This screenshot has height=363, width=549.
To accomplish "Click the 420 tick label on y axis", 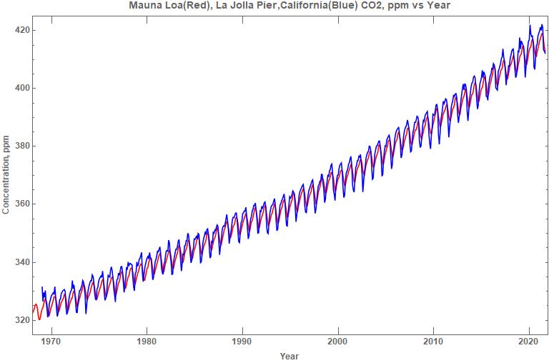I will pyautogui.click(x=21, y=30).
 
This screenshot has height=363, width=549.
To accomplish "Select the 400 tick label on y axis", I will pyautogui.click(x=21, y=88).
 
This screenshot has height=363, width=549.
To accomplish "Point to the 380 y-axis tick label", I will pyautogui.click(x=21, y=146).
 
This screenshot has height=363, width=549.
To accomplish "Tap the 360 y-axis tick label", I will pyautogui.click(x=21, y=204).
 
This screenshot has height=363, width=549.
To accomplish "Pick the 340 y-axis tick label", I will pyautogui.click(x=21, y=262).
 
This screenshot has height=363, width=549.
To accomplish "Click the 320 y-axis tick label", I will pyautogui.click(x=21, y=320).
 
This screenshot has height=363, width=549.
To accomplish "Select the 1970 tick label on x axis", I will pyautogui.click(x=51, y=342).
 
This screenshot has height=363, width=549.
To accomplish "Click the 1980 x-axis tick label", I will pyautogui.click(x=147, y=342).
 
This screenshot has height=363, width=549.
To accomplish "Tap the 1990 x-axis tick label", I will pyautogui.click(x=242, y=342).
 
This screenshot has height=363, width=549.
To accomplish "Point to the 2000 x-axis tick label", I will pyautogui.click(x=337, y=342).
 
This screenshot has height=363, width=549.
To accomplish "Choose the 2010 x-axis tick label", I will pyautogui.click(x=433, y=342).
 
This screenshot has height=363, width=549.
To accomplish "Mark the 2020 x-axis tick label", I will pyautogui.click(x=528, y=342).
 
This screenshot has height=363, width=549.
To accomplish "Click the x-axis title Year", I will pyautogui.click(x=289, y=356).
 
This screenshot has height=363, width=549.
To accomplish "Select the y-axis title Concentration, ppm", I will pyautogui.click(x=6, y=174).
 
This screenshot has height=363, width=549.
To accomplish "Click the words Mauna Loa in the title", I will pyautogui.click(x=154, y=6).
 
